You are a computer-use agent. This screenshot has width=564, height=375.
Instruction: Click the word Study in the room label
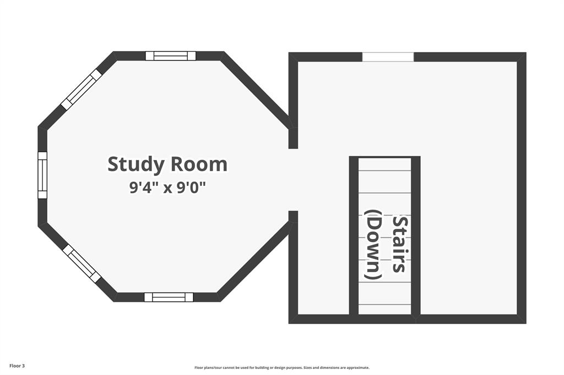click(x=136, y=164)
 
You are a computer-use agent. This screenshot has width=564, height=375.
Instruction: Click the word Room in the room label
click(x=199, y=164)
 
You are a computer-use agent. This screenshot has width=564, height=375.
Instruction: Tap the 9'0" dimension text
click(x=190, y=188)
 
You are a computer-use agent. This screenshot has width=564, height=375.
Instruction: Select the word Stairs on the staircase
click(x=399, y=244)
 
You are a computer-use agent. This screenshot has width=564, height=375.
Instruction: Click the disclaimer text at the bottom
click(x=281, y=368)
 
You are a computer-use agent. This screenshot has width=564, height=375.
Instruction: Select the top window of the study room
click(x=171, y=56)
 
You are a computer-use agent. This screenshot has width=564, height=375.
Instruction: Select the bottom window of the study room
click(x=169, y=297)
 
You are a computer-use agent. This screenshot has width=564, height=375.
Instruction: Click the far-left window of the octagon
click(x=42, y=175)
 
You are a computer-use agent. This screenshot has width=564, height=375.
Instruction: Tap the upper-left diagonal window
click(x=82, y=89)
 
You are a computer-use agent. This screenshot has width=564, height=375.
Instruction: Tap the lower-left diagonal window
click(x=82, y=263)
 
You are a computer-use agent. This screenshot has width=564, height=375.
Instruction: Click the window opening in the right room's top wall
click(x=388, y=57)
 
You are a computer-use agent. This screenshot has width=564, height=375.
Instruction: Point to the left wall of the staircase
click(x=354, y=236)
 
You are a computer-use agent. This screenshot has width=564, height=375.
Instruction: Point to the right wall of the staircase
click(x=416, y=236)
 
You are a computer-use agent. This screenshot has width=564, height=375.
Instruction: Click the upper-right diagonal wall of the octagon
click(x=254, y=90)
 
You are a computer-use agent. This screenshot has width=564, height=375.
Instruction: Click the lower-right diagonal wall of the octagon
click(x=253, y=261)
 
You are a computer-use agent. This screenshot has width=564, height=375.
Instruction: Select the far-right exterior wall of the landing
click(x=522, y=187)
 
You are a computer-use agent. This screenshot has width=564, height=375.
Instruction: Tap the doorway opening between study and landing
click(x=293, y=180)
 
